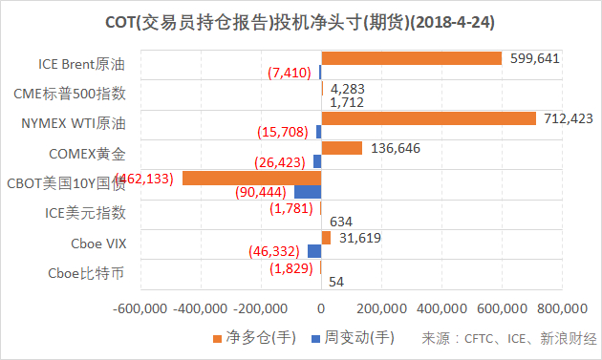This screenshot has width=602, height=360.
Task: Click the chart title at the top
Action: point(302,20)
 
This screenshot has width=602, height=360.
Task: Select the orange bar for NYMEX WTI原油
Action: point(428,118)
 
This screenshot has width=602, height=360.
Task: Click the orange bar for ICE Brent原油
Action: point(411,58)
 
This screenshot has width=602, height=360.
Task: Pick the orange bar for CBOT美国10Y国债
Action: point(251,179)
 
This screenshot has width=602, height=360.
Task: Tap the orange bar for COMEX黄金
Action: point(341,148)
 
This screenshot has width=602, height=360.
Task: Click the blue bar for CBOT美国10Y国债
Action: point(307,192)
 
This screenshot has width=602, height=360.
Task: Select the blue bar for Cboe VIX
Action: point(313,251)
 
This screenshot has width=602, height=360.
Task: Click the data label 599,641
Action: point(534,58)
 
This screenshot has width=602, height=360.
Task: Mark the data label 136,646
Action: point(394,148)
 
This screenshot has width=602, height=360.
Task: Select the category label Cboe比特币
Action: point(85,274)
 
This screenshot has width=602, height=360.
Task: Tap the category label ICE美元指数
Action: point(85,213)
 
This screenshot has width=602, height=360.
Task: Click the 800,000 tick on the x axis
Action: point(562,308)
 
